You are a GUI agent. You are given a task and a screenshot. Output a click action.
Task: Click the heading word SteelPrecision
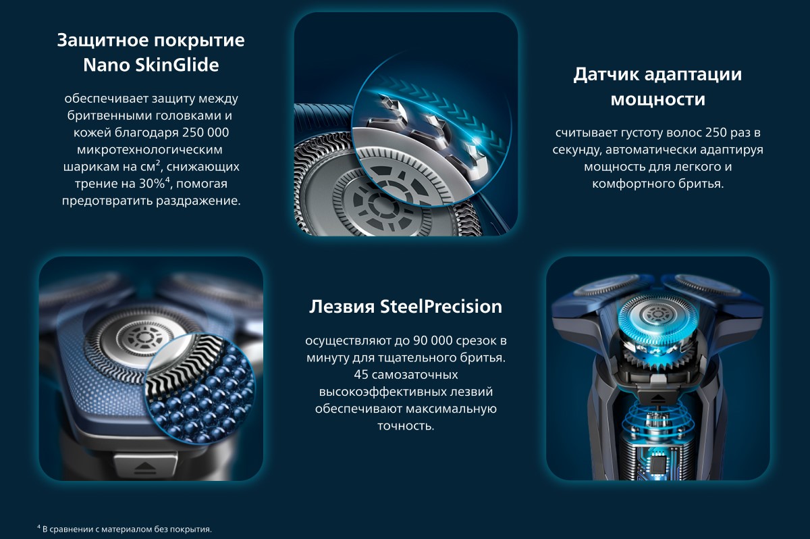[441, 307]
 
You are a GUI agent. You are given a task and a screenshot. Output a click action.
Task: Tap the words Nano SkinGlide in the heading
[151, 65]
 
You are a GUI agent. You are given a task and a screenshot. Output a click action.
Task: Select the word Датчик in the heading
[605, 74]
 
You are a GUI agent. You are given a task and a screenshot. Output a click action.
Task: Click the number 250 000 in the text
[205, 132]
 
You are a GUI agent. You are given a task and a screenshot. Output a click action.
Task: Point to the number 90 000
[433, 340]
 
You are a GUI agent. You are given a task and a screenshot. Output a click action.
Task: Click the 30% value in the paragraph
[152, 184]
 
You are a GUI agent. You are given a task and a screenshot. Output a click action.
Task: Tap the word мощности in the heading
[657, 99]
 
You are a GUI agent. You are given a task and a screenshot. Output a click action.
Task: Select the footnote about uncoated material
[124, 529]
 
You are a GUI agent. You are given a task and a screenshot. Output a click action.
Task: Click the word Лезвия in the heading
[342, 307]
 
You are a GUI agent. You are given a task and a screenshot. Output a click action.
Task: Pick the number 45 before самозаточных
[360, 374]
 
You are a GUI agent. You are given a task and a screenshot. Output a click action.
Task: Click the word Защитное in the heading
[97, 41]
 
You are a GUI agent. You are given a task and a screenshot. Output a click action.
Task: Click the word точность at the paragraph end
[406, 426]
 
